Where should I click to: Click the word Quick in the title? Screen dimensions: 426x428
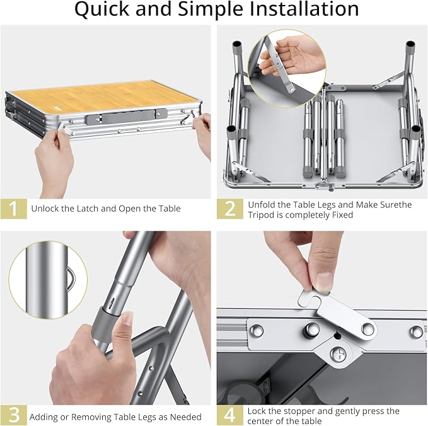tap(103, 9)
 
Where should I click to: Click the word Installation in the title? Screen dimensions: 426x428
tap(296, 9)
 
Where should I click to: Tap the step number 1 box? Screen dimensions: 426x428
tap(14, 209)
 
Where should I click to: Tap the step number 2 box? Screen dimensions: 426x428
tap(230, 209)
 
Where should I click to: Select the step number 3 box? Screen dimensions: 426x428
tap(14, 416)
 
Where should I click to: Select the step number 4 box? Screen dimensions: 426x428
tap(230, 416)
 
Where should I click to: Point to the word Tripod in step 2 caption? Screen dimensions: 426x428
tap(265, 215)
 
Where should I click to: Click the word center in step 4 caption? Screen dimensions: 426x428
tap(265, 422)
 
